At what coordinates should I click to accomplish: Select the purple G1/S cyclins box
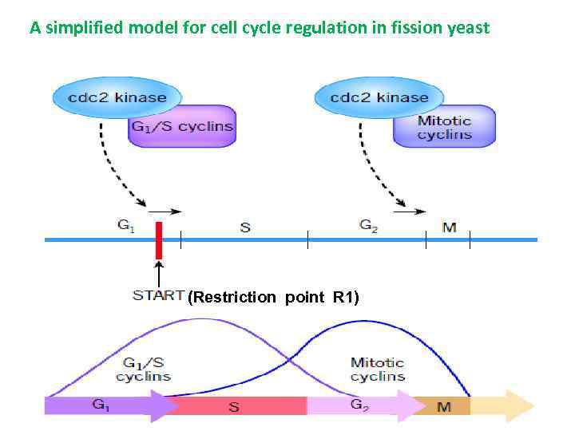click(x=181, y=126)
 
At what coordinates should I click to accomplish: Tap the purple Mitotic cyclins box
click(x=444, y=127)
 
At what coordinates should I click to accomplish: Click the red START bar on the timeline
click(x=159, y=240)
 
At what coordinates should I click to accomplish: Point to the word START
click(x=158, y=295)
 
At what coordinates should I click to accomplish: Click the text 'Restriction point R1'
click(x=274, y=298)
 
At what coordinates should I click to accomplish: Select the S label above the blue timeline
click(x=245, y=227)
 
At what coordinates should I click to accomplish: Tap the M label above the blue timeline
click(x=450, y=227)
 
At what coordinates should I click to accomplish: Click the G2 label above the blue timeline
click(x=368, y=226)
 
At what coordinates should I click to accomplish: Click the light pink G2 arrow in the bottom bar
click(x=359, y=405)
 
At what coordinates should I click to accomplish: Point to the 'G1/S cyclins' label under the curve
click(x=144, y=369)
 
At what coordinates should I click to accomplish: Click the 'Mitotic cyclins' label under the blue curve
click(x=377, y=369)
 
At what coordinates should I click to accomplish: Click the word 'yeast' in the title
click(x=468, y=29)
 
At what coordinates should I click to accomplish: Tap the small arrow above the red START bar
click(x=169, y=212)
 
